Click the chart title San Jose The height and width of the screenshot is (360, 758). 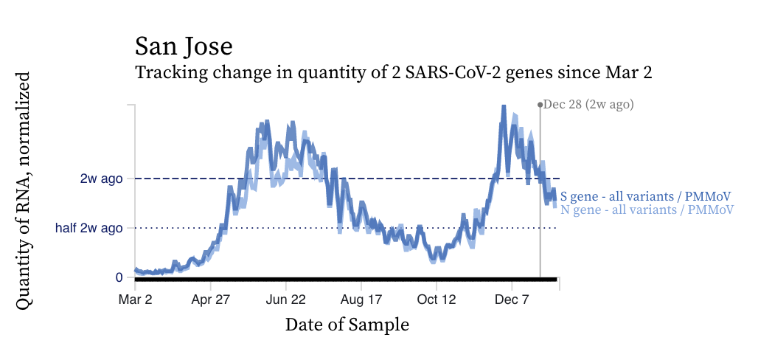pos(184,46)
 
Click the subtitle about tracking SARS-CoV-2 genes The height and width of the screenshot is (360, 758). pos(394,73)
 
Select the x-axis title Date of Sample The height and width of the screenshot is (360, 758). pos(347,324)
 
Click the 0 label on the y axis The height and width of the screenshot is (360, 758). pos(119,277)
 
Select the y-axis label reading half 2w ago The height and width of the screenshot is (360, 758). pos(89,228)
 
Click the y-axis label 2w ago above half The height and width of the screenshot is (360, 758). pos(102,178)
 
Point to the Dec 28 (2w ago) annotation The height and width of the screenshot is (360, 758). pos(588,105)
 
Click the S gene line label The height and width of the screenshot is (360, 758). pos(645,197)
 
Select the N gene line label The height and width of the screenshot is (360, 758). pos(647,210)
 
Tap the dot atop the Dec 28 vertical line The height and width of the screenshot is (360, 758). pos(540,105)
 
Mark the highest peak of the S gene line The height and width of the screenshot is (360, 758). pos(504,108)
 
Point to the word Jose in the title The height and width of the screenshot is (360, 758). pos(209,46)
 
